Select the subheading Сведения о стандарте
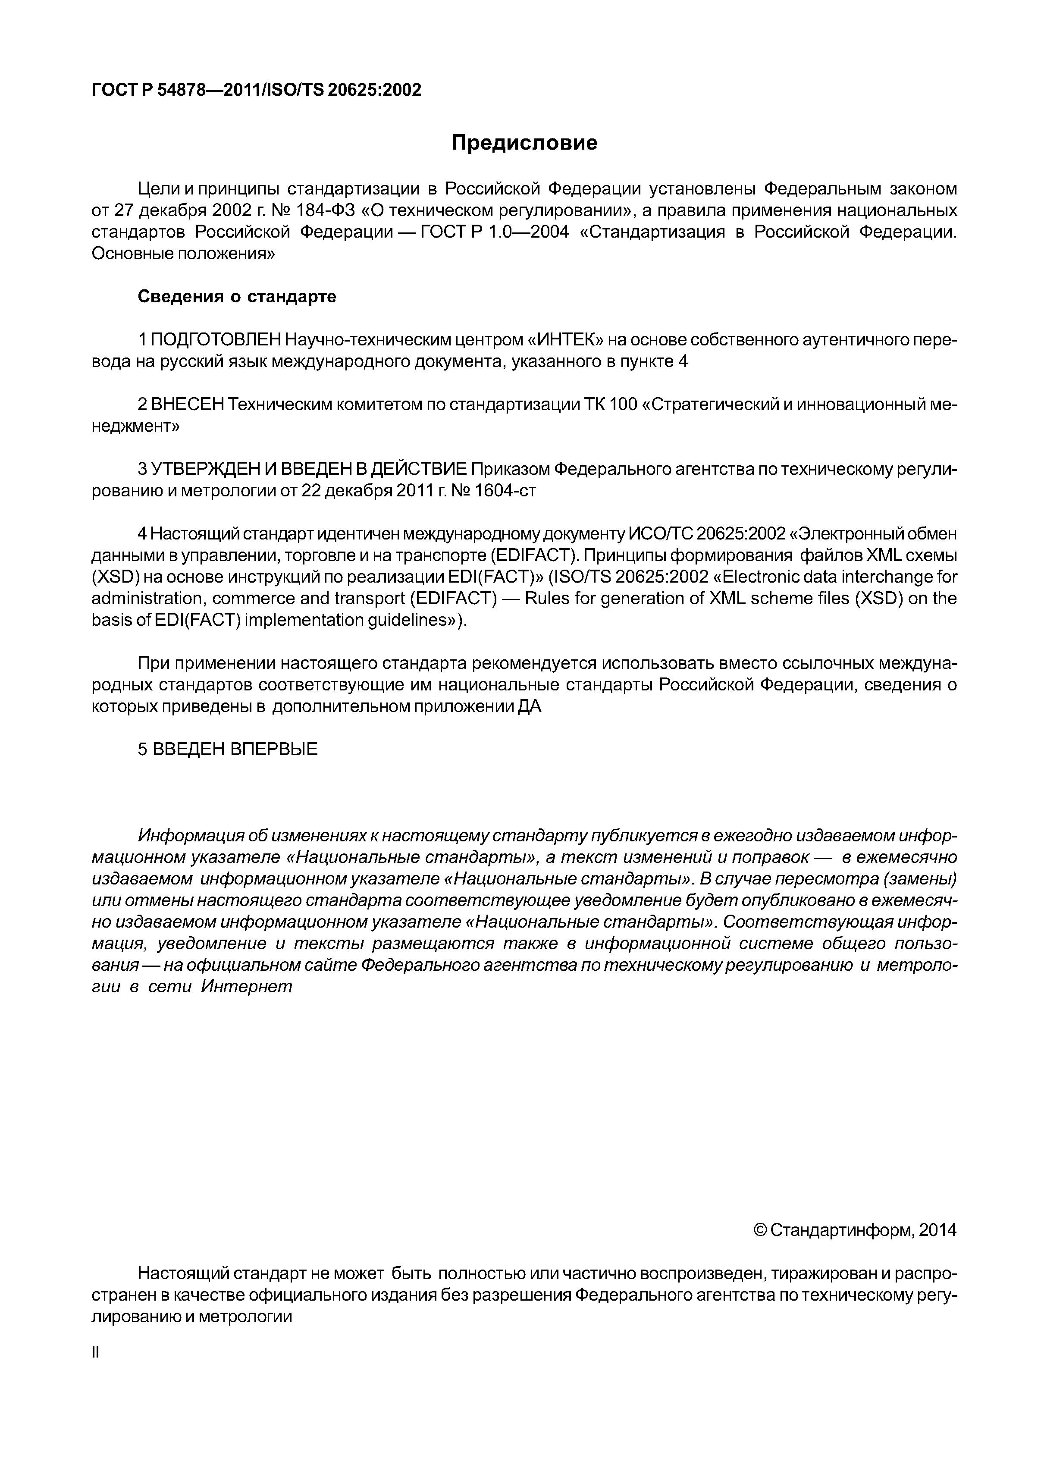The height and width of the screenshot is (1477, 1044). [x=237, y=297]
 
